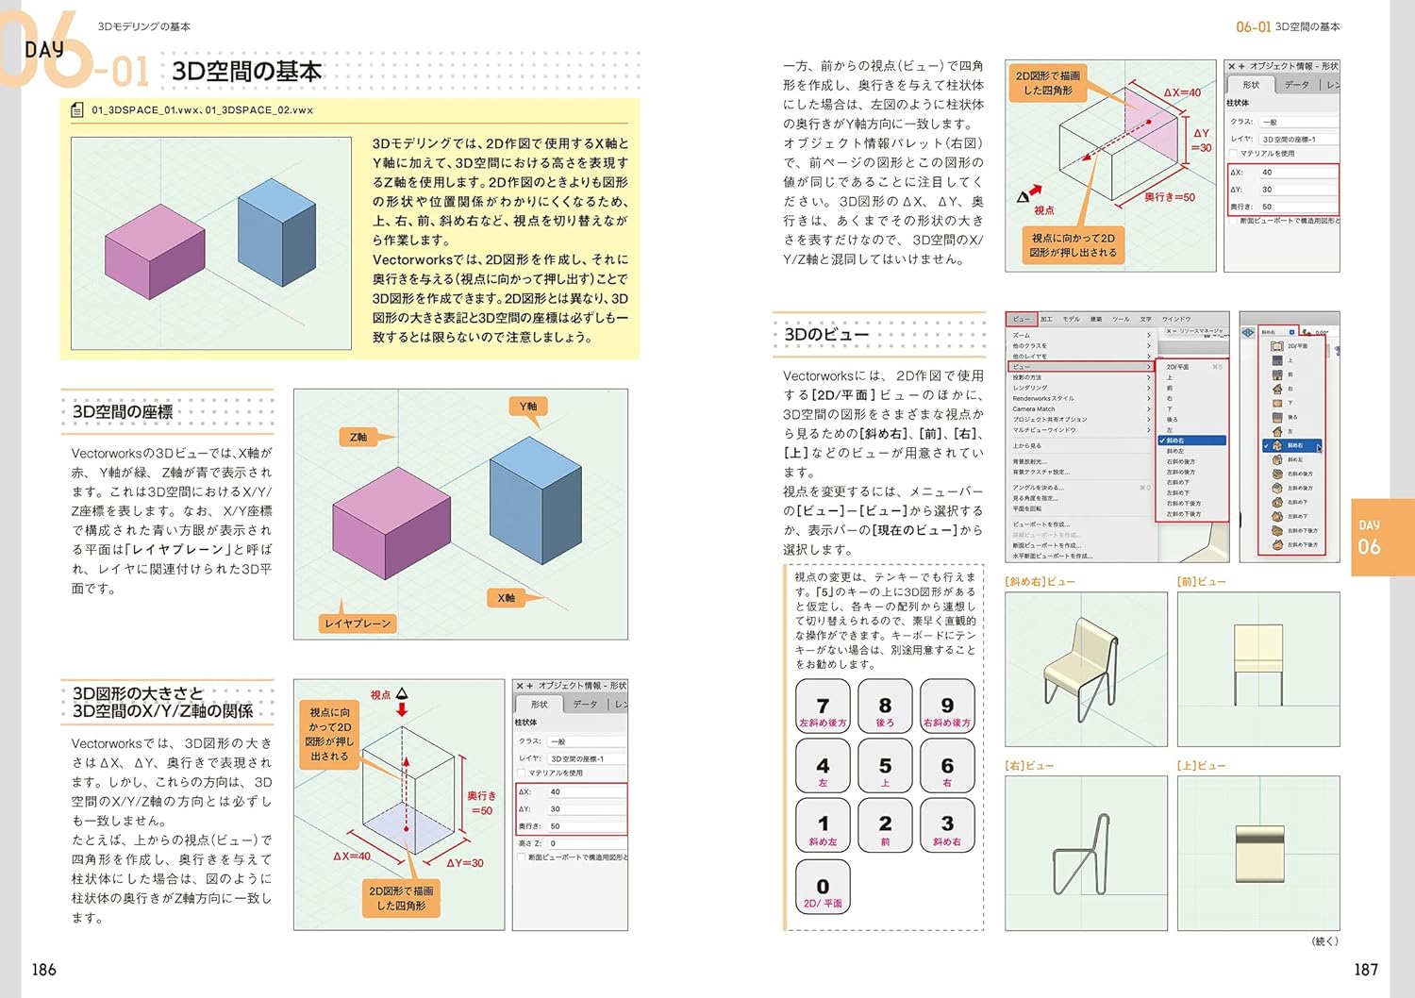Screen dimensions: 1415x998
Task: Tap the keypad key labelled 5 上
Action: tap(885, 767)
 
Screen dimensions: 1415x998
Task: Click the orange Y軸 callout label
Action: tap(528, 407)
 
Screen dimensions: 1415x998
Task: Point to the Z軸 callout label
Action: tap(358, 437)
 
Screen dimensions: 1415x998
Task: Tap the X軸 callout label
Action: tap(507, 598)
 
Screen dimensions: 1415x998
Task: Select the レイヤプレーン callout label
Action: tap(358, 624)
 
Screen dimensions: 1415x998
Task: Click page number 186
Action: tap(44, 970)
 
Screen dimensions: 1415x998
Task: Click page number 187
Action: tap(1365, 970)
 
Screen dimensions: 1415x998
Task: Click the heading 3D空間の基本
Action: tap(246, 72)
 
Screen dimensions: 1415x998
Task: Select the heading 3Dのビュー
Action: tap(826, 335)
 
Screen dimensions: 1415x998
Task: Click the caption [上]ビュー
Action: tap(1201, 766)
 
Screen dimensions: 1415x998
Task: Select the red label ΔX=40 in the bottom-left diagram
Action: tap(351, 857)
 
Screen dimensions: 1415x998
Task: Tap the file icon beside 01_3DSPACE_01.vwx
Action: tap(77, 110)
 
